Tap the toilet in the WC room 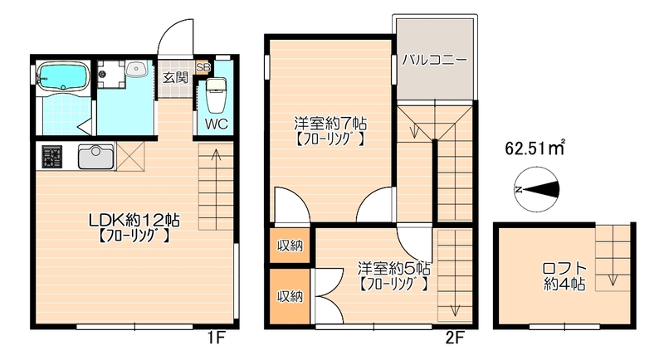click(x=217, y=93)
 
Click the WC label click(x=217, y=124)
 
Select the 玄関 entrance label click(x=174, y=78)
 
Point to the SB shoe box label click(x=203, y=66)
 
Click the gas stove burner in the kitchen click(x=52, y=155)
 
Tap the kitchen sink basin click(x=96, y=155)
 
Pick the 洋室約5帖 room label click(x=393, y=268)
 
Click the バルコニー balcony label click(x=434, y=60)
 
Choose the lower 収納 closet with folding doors click(x=290, y=296)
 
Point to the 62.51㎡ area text click(x=535, y=149)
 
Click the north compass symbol click(x=535, y=190)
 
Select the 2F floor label click(x=454, y=338)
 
